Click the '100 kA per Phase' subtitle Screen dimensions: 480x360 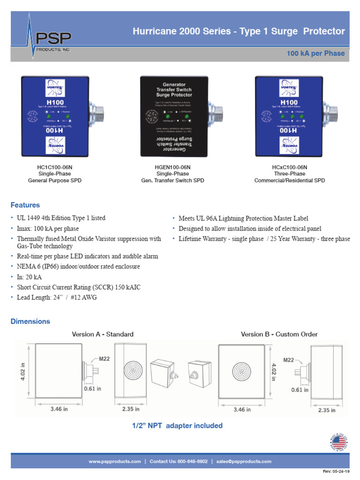click(x=315, y=53)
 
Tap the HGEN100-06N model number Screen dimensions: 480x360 click(x=172, y=167)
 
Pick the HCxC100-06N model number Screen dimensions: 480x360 click(x=289, y=167)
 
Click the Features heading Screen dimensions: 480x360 click(x=25, y=205)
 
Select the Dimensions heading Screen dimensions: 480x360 click(x=30, y=322)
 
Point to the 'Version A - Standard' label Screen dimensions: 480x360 click(x=103, y=334)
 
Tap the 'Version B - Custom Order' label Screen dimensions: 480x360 click(x=279, y=334)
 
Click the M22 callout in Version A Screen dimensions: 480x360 click(x=104, y=359)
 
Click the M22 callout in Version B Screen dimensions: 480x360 click(x=288, y=360)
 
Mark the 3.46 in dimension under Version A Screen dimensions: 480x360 click(x=59, y=409)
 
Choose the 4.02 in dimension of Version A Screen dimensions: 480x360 click(x=22, y=371)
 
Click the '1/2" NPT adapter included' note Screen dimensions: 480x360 click(x=177, y=426)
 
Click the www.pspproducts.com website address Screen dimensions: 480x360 click(x=115, y=461)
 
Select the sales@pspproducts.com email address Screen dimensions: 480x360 click(x=244, y=461)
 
